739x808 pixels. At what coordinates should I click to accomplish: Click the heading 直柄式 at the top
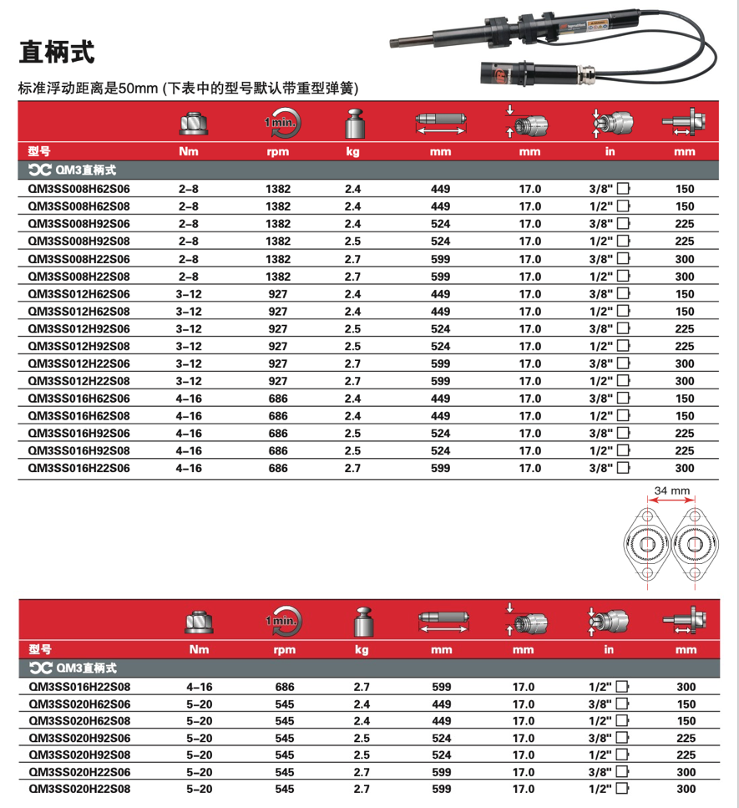pos(56,53)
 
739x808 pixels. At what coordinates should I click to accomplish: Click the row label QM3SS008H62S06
pos(79,189)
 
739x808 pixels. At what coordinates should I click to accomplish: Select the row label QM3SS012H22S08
pos(79,381)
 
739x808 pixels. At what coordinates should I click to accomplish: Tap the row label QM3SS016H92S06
pos(79,433)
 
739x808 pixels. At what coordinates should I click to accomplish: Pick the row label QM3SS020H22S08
pos(79,789)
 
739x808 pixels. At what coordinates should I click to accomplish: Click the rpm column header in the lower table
pos(278,649)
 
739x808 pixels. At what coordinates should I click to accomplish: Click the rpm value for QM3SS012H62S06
pos(278,294)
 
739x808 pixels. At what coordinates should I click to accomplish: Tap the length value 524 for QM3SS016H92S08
pos(440,451)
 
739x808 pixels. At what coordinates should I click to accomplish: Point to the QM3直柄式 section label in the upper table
pos(72,170)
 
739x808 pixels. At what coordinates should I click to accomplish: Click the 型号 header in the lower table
pos(40,649)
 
